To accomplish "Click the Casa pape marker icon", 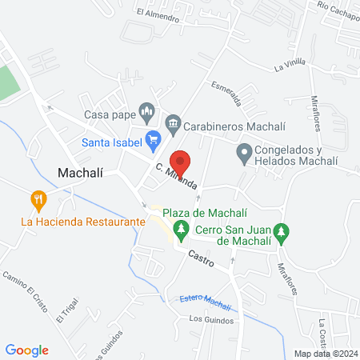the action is click(x=146, y=110).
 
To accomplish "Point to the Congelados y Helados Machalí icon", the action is click(x=243, y=151).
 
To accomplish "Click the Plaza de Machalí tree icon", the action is click(x=182, y=230).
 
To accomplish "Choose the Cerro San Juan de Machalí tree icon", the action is click(x=281, y=233).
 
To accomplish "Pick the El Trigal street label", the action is click(x=67, y=310).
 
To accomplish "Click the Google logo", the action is click(x=27, y=350).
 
